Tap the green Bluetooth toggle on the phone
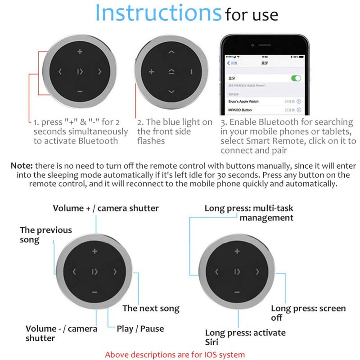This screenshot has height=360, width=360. click(x=296, y=78)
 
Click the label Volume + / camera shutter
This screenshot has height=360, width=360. click(x=106, y=208)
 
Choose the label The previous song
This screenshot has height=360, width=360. click(x=45, y=234)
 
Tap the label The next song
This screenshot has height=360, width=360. click(x=151, y=308)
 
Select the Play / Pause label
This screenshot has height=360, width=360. click(x=140, y=328)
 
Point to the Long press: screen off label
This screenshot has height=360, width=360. click(x=308, y=313)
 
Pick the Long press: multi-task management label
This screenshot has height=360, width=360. click(x=248, y=213)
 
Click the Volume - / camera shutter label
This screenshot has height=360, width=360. click(x=61, y=333)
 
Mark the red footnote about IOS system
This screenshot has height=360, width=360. click(x=175, y=355)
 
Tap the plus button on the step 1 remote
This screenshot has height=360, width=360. click(x=80, y=52)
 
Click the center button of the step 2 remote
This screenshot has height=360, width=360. click(x=171, y=72)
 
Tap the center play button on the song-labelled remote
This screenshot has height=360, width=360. click(x=95, y=271)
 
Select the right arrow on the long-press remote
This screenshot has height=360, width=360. click(x=257, y=272)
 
